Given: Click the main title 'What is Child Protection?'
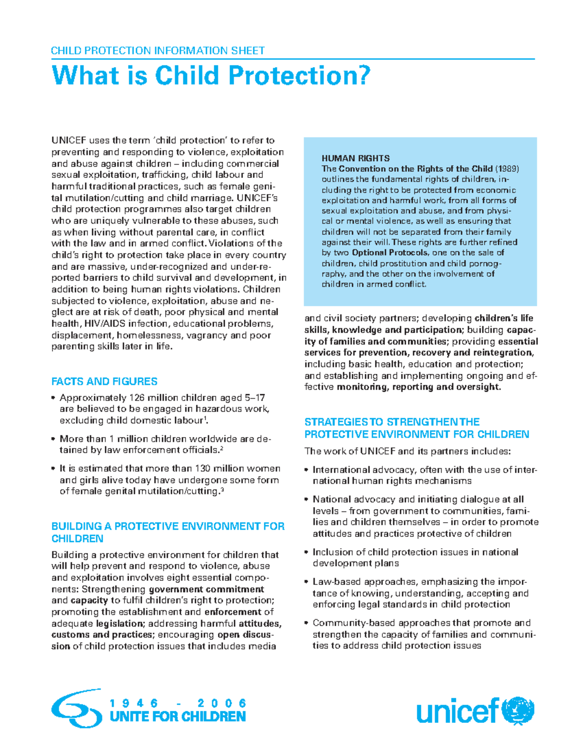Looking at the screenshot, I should (211, 76).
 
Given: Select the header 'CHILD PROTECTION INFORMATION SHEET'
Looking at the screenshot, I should (158, 51).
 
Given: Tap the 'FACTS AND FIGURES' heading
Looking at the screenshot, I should (104, 381).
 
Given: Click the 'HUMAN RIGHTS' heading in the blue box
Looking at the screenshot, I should (356, 158).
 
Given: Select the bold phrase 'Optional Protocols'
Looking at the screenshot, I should (390, 252).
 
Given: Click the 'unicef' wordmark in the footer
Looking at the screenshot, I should (457, 711).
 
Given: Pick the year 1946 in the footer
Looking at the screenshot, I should (135, 703).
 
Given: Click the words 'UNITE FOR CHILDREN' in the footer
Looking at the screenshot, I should (178, 717).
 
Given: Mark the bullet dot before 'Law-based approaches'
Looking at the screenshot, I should (307, 582).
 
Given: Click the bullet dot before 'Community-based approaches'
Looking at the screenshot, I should (307, 623).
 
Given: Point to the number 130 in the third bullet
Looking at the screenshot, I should (204, 469).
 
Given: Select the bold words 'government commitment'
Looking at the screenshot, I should (206, 589).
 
